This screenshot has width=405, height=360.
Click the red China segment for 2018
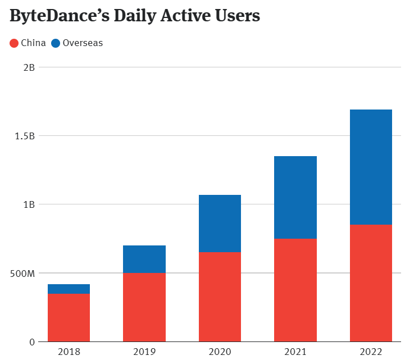click(x=69, y=317)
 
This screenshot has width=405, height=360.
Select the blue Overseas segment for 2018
click(x=69, y=289)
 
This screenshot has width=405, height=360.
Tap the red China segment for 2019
click(x=144, y=307)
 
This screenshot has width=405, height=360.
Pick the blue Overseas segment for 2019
click(x=144, y=259)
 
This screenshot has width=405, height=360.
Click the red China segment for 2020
click(x=220, y=297)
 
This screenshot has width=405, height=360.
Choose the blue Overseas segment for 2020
click(x=220, y=224)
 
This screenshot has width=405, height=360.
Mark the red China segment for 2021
click(x=295, y=290)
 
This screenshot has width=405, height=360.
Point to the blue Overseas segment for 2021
click(x=295, y=197)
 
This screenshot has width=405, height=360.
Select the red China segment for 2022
click(x=371, y=283)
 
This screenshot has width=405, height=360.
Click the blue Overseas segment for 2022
click(x=371, y=167)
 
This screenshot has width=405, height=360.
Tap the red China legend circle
click(x=15, y=43)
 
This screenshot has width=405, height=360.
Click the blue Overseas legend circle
click(x=56, y=43)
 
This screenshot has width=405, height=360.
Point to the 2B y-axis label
click(x=29, y=67)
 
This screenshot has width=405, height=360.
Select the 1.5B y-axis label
click(x=25, y=136)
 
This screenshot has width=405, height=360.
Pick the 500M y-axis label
click(x=24, y=274)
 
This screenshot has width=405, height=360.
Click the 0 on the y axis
click(x=32, y=341)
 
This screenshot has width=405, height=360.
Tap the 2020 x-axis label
click(x=220, y=352)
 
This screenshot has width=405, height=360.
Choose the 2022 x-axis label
click(x=371, y=352)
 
